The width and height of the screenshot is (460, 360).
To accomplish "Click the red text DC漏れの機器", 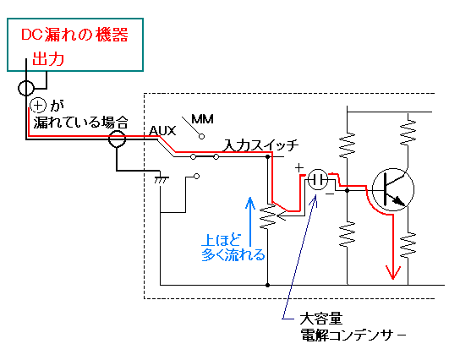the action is click(74, 35).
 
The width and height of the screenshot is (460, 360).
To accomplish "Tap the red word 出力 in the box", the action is click(48, 58).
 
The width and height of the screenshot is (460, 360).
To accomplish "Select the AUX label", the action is click(162, 131).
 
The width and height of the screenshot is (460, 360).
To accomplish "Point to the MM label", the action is click(202, 119).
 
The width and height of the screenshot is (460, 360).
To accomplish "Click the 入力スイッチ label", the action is click(260, 145).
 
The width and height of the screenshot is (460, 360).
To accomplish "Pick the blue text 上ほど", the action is click(221, 240).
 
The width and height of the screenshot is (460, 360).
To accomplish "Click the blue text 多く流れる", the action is click(233, 254).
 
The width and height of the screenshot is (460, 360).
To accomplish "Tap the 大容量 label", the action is click(321, 319).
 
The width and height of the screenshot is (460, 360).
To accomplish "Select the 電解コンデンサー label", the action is click(353, 335).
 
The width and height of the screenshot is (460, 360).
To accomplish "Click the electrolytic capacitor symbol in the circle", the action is click(318, 179).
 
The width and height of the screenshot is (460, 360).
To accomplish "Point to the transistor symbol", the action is click(393, 189).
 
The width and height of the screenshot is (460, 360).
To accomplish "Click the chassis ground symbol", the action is click(162, 180).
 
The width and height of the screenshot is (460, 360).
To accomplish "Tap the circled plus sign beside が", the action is click(38, 106).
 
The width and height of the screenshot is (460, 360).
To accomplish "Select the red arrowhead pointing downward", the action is click(393, 272).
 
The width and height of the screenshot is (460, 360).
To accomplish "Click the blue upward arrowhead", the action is click(250, 202).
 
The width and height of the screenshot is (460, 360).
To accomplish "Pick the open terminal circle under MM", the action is click(201, 136).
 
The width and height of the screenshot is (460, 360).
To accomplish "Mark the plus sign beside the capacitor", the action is click(299, 168).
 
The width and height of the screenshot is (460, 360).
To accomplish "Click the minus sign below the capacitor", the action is click(330, 194).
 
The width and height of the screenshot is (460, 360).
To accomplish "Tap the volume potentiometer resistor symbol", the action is click(268, 217).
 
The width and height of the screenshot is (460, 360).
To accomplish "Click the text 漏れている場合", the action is click(80, 122).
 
